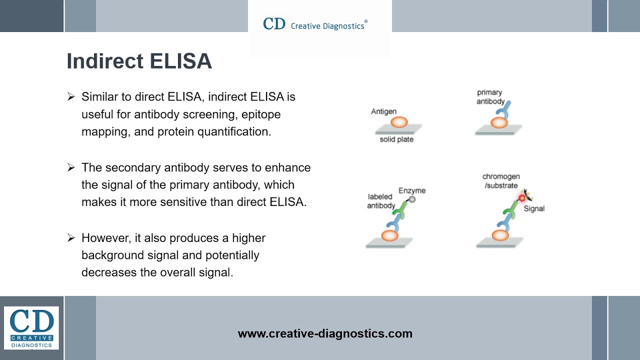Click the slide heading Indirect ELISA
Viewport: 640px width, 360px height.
tap(139, 61)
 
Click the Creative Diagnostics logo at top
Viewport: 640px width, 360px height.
tap(315, 24)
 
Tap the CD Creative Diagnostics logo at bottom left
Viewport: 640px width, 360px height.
tap(31, 327)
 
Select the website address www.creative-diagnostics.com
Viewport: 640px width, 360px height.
tap(325, 333)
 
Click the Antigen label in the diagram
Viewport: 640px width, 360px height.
tap(383, 111)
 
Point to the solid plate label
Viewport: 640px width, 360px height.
tap(396, 139)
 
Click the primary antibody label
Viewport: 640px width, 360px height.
tap(490, 97)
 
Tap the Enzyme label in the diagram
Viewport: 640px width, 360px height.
tap(412, 190)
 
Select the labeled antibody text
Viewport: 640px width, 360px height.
tap(381, 201)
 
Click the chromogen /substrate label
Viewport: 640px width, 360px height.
tap(500, 181)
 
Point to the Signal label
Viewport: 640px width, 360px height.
tap(534, 208)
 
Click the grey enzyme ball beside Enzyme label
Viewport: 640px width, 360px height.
tap(412, 199)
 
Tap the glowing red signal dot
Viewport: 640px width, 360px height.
tap(522, 198)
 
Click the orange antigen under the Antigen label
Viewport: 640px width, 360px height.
tap(399, 121)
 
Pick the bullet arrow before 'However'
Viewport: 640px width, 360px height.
tap(71, 238)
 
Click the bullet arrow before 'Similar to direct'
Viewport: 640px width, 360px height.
tap(71, 96)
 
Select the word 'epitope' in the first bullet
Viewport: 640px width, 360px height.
tap(261, 114)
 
